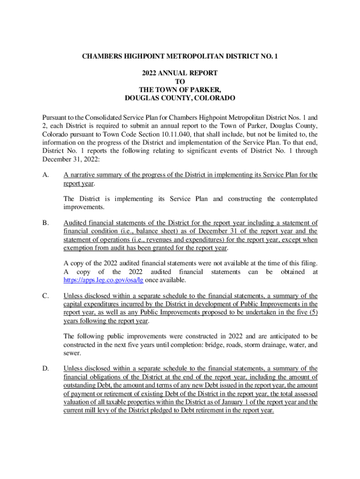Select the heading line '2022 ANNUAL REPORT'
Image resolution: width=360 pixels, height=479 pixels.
[180, 73]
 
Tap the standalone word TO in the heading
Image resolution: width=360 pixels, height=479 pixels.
[180, 81]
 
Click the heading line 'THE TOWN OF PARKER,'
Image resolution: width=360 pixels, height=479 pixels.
[180, 90]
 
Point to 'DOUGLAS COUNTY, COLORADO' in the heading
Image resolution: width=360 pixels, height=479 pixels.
[180, 98]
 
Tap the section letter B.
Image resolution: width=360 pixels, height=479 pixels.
[45, 223]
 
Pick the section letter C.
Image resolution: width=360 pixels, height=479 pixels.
[45, 296]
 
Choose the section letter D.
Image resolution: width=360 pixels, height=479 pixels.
[45, 369]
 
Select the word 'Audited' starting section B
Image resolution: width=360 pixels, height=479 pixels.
[76, 223]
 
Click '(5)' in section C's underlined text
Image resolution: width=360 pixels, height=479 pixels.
[311, 312]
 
